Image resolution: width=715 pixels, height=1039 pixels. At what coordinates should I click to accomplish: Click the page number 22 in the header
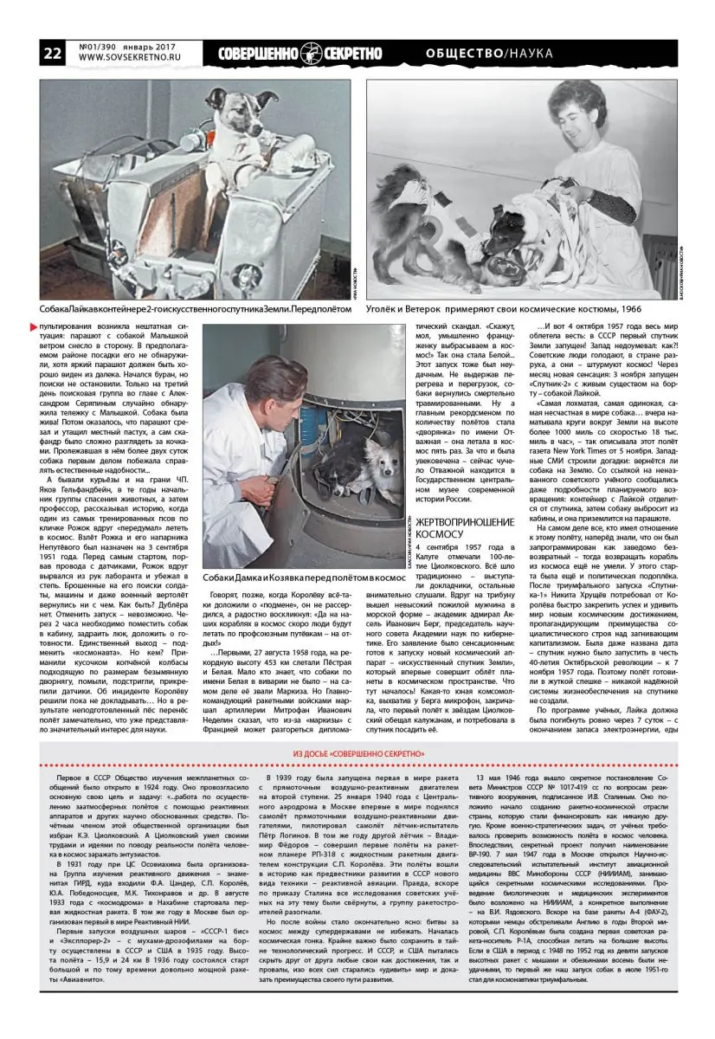click(x=52, y=53)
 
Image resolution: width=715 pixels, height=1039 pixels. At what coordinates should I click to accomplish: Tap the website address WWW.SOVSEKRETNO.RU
click(x=128, y=59)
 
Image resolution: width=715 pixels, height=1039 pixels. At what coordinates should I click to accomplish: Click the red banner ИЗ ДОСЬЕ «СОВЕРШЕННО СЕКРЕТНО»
click(x=357, y=754)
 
